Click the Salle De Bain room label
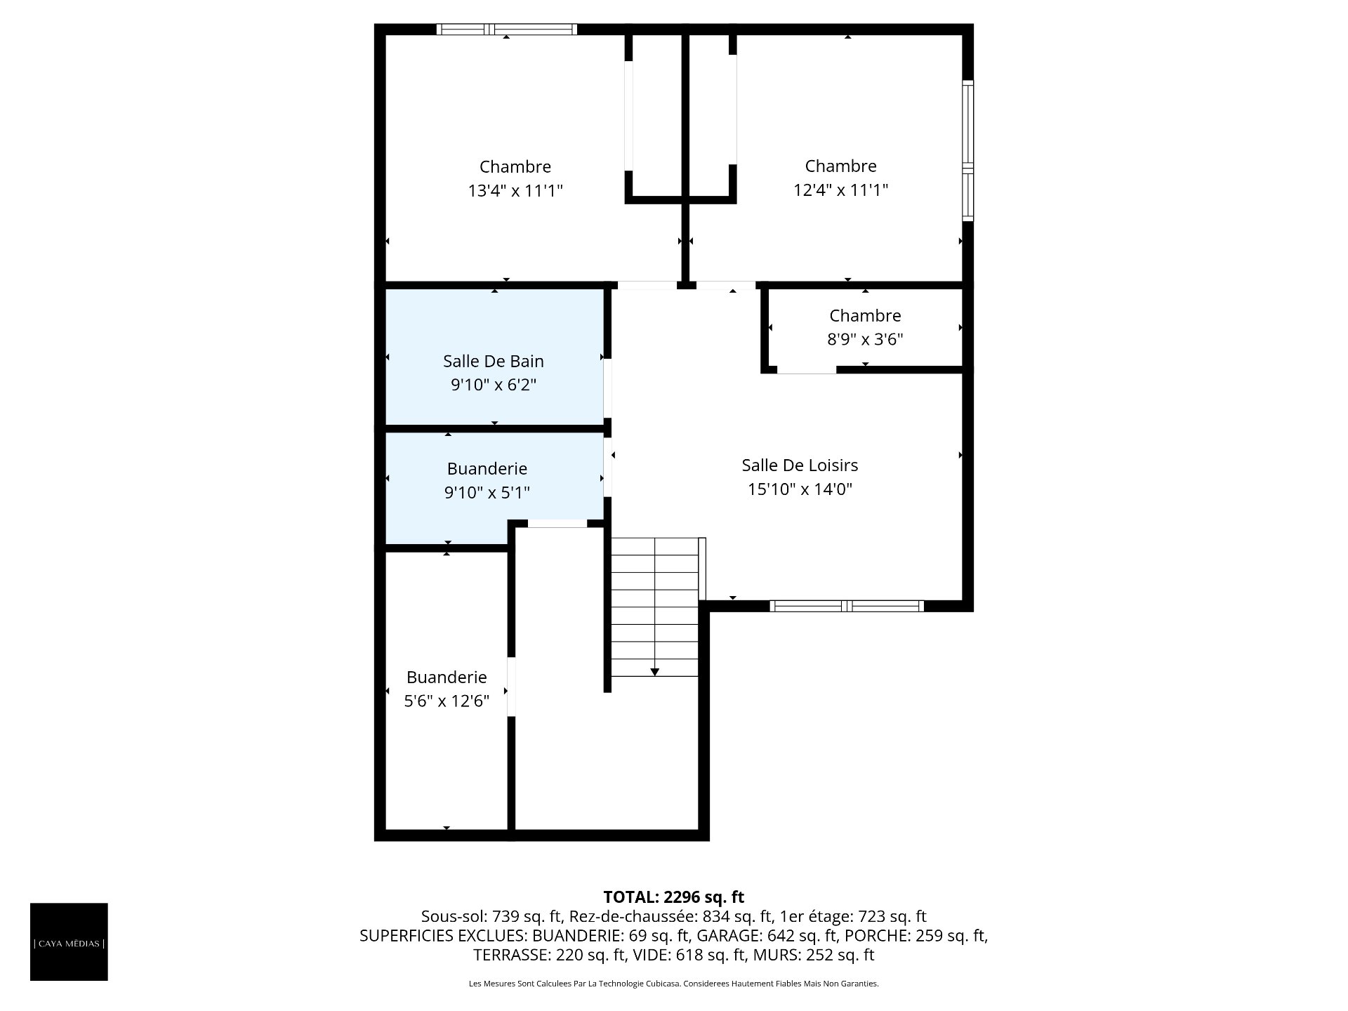pyautogui.click(x=494, y=361)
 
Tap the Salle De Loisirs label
pyautogui.click(x=800, y=465)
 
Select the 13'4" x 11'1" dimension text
pyautogui.click(x=515, y=190)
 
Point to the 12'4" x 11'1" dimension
pyautogui.click(x=841, y=190)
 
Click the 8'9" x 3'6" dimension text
pyautogui.click(x=865, y=339)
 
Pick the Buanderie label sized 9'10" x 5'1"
pyautogui.click(x=487, y=468)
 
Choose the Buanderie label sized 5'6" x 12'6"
pyautogui.click(x=447, y=677)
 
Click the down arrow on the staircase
pyautogui.click(x=654, y=673)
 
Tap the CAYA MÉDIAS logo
pyautogui.click(x=69, y=941)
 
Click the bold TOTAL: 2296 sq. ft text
pyautogui.click(x=674, y=897)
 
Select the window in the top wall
pyautogui.click(x=506, y=29)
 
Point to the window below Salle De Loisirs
pyautogui.click(x=847, y=606)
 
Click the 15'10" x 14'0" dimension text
pyautogui.click(x=800, y=489)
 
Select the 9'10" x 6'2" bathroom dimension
pyautogui.click(x=494, y=385)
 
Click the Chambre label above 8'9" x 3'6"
pyautogui.click(x=865, y=315)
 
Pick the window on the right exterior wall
pyautogui.click(x=968, y=151)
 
